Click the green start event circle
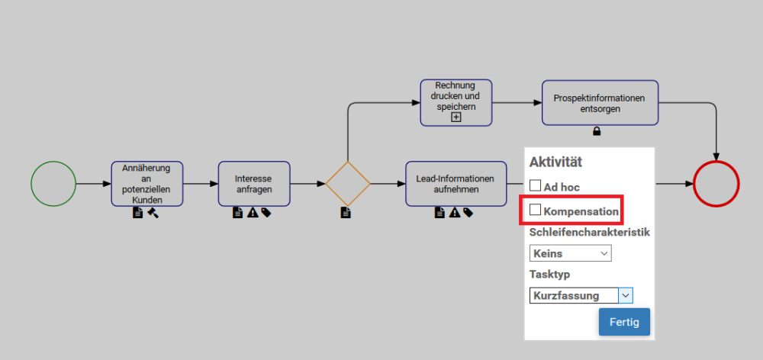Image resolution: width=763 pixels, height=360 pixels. pos(53,184)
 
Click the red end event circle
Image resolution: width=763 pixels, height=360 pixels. pos(716,184)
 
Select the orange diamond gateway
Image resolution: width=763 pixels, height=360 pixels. pos(348,184)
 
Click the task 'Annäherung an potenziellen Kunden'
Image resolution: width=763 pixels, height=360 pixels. pos(147,184)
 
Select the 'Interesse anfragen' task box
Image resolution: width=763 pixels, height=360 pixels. pos(254,184)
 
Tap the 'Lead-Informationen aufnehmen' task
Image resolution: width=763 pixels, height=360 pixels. pos(456,184)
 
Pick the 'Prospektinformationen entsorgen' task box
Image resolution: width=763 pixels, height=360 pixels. pos(600,103)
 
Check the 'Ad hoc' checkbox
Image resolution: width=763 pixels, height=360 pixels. pos(536,185)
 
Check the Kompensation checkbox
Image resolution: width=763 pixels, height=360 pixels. pos(536,209)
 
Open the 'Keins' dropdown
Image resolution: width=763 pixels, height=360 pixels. pos(571,253)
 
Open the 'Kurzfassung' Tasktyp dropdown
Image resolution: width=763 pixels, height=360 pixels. pos(581,295)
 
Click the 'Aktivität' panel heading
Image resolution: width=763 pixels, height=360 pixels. pos(555,162)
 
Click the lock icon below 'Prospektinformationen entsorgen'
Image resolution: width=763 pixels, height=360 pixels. pos(597,131)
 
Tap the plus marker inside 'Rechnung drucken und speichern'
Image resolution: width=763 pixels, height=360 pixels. pos(456,117)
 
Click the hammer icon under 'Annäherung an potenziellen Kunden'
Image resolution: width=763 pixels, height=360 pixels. pos(153,213)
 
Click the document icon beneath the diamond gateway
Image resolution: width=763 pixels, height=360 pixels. pos(346,213)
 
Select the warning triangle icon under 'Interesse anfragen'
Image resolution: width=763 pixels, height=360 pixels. pos(252,213)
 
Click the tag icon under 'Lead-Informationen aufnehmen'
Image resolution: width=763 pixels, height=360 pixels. pos(467,213)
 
